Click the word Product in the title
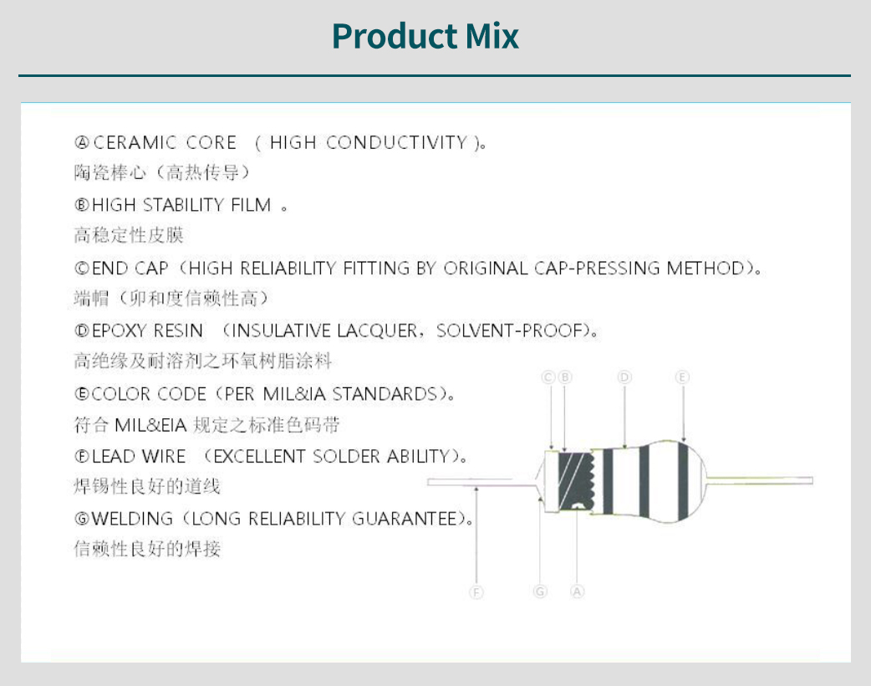point(394,36)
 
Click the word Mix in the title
point(492,36)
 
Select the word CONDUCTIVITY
point(396,143)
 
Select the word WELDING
point(132,519)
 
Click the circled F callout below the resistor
point(476,592)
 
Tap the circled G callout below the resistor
point(540,591)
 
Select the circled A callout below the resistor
point(577,591)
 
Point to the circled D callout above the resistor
point(624,377)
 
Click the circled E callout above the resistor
point(682,377)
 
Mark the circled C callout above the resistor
point(548,377)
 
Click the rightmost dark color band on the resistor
point(683,481)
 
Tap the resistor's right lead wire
point(760,479)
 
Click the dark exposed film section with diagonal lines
point(575,480)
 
